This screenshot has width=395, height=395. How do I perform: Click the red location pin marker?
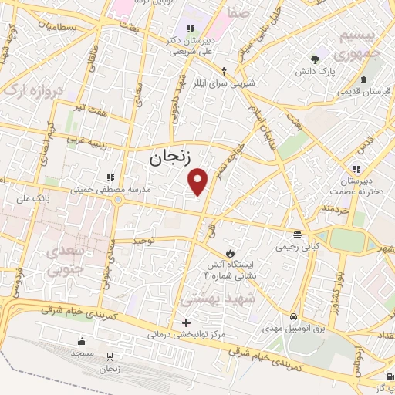199,181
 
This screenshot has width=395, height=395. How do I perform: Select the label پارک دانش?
314,72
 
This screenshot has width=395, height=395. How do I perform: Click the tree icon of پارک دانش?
314,59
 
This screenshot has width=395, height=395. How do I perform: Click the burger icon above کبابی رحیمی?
297,234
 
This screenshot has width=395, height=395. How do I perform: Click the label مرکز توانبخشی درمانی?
186,335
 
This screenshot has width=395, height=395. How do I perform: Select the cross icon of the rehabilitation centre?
185,322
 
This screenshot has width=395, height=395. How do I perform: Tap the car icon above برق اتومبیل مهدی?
293,317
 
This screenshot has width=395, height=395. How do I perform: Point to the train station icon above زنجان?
109,356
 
